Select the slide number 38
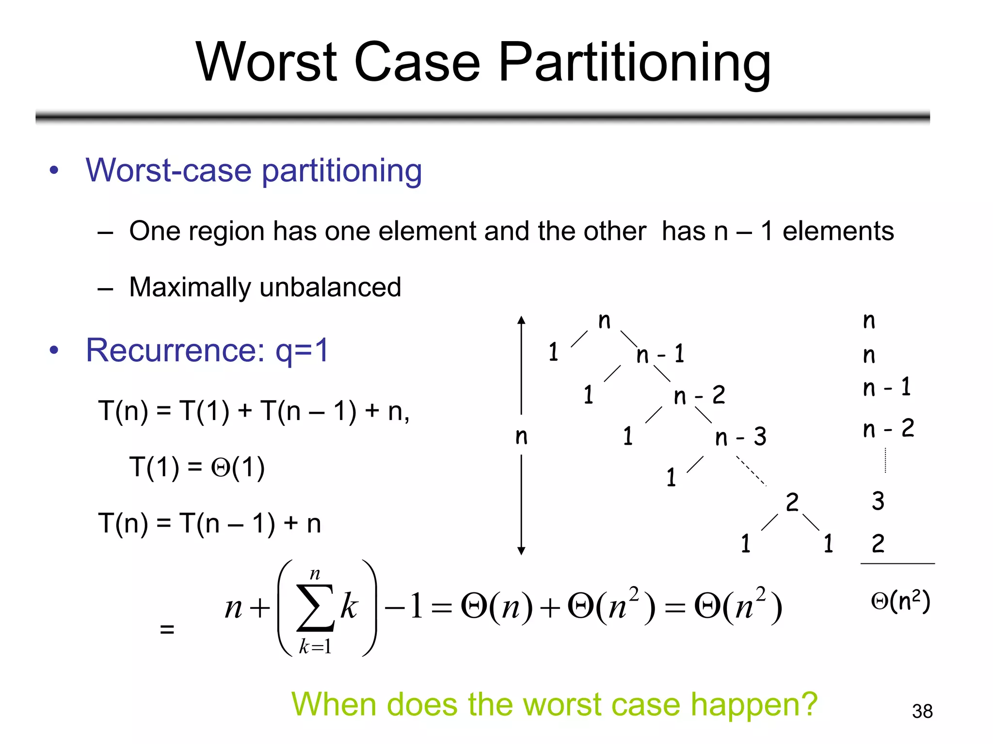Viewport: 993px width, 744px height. pyautogui.click(x=922, y=711)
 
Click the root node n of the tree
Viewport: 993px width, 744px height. pyautogui.click(x=604, y=321)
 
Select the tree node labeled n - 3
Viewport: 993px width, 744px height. pyautogui.click(x=740, y=437)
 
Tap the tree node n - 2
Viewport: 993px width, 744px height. pyautogui.click(x=699, y=396)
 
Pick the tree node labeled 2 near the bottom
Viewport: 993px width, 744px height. pyautogui.click(x=792, y=502)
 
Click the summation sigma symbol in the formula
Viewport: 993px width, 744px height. pyautogui.click(x=316, y=608)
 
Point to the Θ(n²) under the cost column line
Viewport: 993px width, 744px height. pyautogui.click(x=900, y=602)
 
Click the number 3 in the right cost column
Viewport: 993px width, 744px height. pyautogui.click(x=878, y=501)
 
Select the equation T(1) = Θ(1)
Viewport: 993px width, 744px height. pyautogui.click(x=197, y=468)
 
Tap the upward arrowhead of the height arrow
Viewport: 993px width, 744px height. pyautogui.click(x=521, y=320)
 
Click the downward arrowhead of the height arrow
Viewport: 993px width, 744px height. pyautogui.click(x=521, y=551)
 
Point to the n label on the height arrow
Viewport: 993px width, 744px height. pyautogui.click(x=521, y=436)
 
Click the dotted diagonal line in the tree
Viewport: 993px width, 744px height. pyautogui.click(x=751, y=470)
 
